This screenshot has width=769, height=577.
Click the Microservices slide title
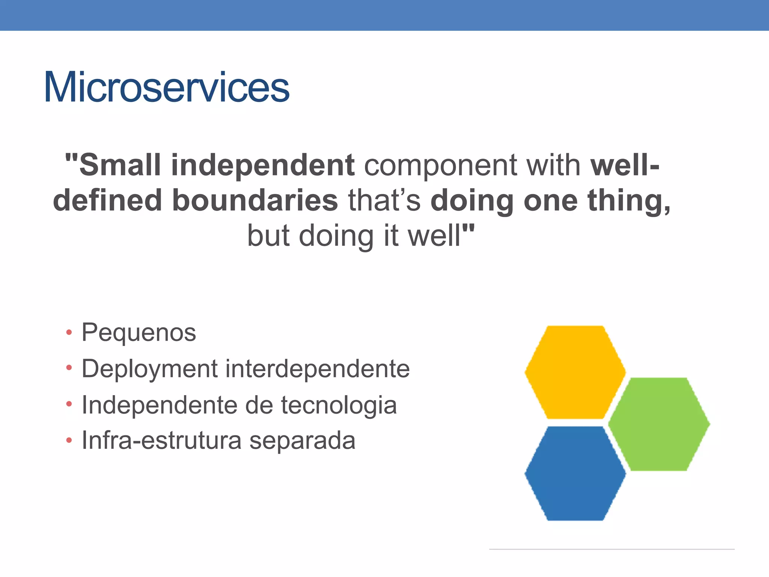[166, 88]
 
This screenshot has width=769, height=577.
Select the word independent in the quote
[262, 165]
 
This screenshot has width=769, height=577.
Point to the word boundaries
[255, 201]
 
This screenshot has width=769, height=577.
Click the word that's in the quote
[384, 201]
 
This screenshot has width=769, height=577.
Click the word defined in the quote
[107, 201]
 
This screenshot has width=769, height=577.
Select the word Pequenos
[139, 333]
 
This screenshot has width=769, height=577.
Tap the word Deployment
[149, 369]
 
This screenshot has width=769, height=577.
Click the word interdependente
[317, 369]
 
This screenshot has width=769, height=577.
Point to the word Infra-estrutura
[161, 440]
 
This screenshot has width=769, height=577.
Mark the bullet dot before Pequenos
[69, 332]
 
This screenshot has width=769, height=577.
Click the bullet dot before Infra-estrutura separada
[69, 440]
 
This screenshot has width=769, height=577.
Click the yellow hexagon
[575, 372]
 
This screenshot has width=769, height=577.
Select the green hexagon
[659, 424]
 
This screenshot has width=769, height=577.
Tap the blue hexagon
[575, 473]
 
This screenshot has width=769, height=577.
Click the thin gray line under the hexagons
[611, 549]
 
